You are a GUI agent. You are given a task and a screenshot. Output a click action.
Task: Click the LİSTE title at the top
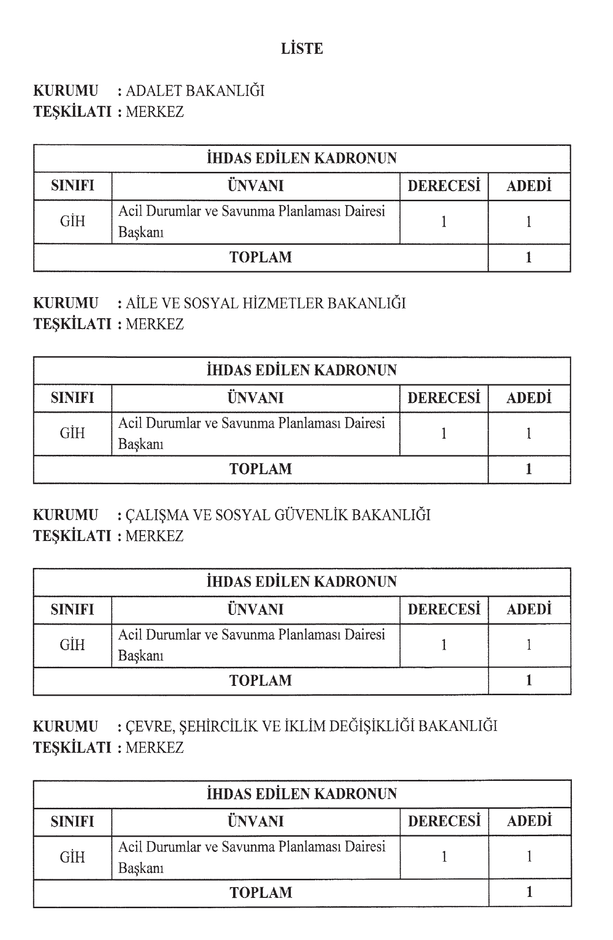tap(302, 49)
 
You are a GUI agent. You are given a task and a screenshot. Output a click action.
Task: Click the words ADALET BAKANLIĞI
tap(195, 91)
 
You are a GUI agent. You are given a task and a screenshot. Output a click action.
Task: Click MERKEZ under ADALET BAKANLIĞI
tap(155, 112)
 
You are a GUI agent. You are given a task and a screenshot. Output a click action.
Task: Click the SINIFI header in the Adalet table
tap(72, 186)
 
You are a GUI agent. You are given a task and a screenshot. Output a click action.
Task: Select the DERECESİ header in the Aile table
tap(444, 398)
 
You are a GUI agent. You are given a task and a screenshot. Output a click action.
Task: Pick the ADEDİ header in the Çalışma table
tap(529, 610)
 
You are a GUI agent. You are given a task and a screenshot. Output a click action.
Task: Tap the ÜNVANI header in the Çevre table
tap(256, 822)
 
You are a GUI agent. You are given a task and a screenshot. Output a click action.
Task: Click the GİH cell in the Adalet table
tap(72, 222)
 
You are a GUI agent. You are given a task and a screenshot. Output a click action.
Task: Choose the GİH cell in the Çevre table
tap(72, 857)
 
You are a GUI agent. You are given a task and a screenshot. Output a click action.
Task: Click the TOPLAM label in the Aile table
tap(260, 469)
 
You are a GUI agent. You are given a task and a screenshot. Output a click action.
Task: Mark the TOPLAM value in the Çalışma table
tap(529, 681)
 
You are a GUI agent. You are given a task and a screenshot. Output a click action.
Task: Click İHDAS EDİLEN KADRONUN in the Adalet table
tap(302, 159)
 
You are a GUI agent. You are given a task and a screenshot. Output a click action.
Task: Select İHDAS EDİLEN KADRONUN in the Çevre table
tap(302, 794)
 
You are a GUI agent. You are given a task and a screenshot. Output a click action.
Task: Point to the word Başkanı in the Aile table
tap(141, 445)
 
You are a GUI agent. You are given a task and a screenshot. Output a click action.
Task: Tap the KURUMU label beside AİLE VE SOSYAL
tap(66, 303)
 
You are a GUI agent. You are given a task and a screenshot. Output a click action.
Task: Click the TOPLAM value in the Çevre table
tap(529, 892)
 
